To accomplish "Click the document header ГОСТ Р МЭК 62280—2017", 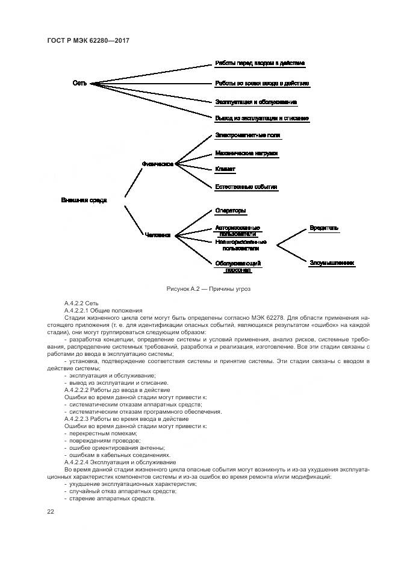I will (88, 40).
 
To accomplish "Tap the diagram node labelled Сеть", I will (79, 83).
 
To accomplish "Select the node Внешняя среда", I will (84, 200).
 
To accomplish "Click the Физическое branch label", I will (158, 163).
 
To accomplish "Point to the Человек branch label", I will (158, 235).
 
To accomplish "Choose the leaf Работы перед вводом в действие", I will (260, 63).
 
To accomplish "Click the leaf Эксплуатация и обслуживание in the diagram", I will (255, 102).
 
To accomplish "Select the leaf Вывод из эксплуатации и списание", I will (262, 119).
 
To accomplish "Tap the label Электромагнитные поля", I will (247, 135).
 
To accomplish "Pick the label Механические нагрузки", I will (246, 154).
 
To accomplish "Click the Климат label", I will (225, 170).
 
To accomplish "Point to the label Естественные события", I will (246, 187).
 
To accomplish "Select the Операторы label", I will (231, 211).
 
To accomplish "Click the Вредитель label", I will (324, 228).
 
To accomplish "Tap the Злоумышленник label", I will (332, 263).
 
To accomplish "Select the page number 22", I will (51, 511).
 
